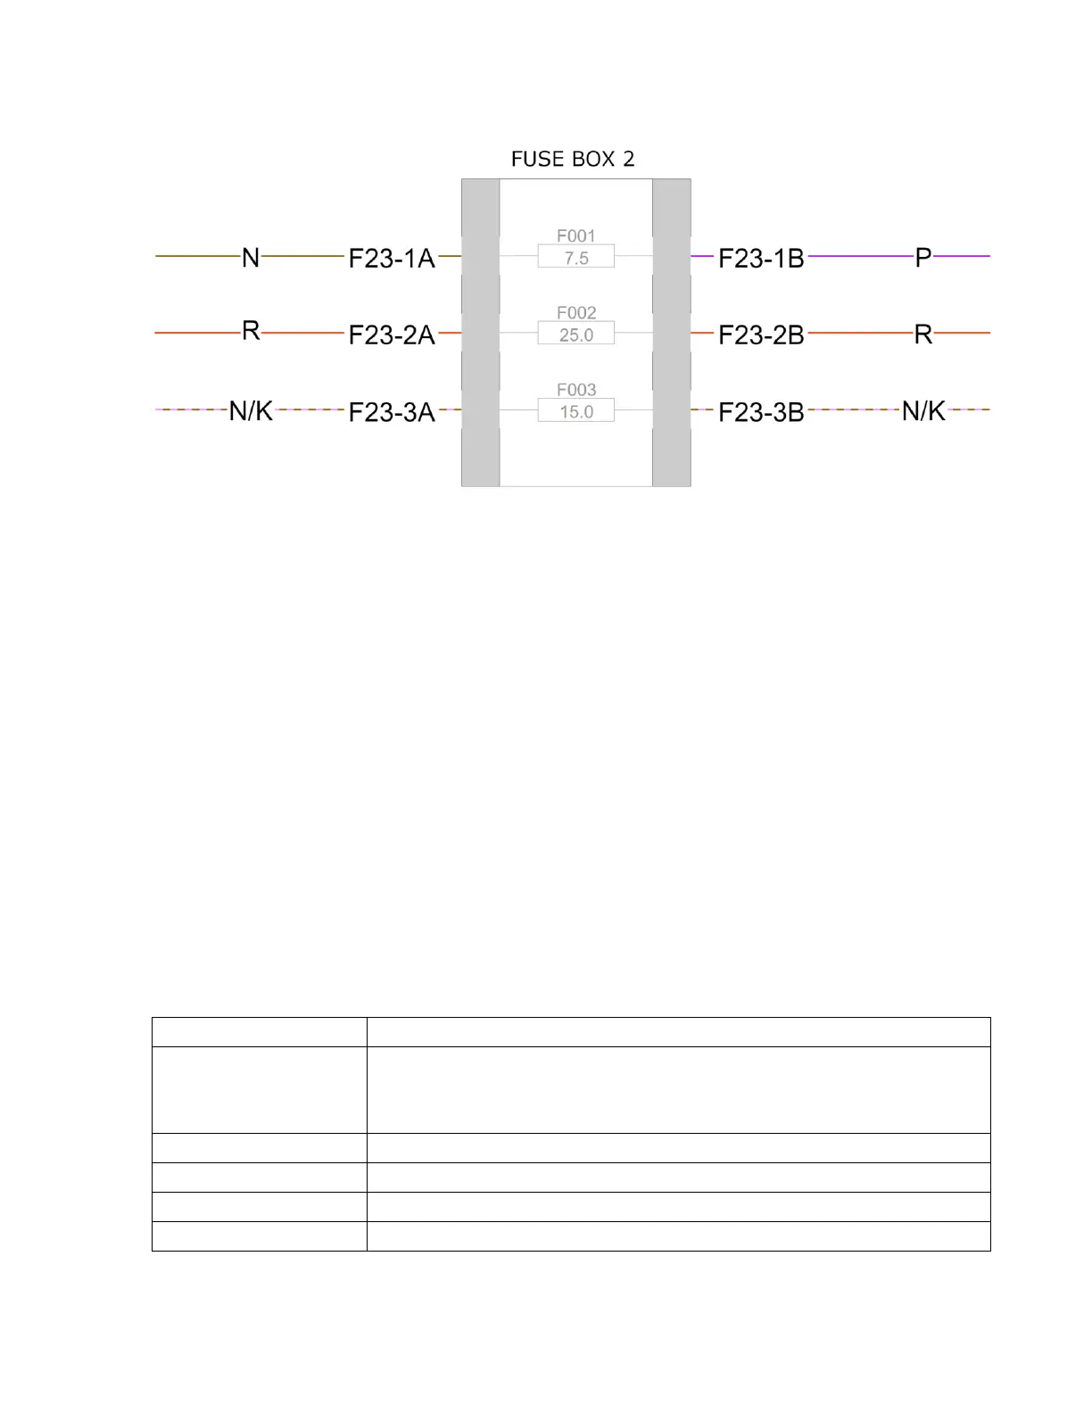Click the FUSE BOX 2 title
[573, 159]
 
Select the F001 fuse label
[575, 235]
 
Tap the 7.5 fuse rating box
[575, 256]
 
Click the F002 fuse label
[575, 313]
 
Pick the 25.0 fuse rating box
[575, 333]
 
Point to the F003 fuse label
[575, 390]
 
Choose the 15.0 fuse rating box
[575, 410]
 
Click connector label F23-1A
[392, 258]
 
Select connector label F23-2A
[392, 335]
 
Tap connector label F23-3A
[392, 412]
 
